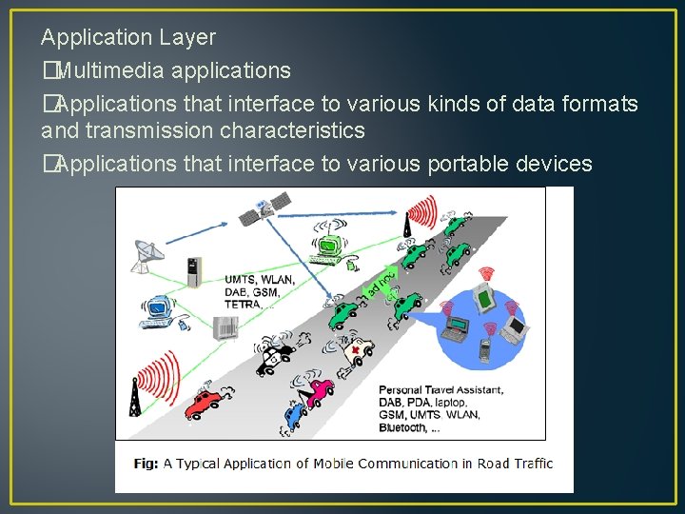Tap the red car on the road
207,403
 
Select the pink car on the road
320,390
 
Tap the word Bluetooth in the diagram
403,428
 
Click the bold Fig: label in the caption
145,464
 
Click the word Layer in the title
187,38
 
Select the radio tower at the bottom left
135,401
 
